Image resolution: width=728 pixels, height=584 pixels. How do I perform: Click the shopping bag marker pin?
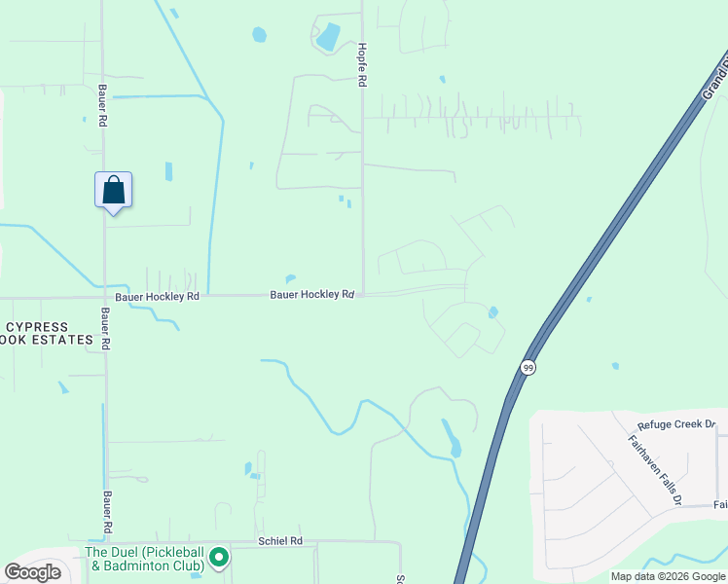click(x=113, y=190)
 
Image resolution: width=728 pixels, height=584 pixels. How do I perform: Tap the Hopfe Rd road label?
click(x=361, y=66)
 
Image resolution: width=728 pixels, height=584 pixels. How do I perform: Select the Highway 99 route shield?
click(x=528, y=367)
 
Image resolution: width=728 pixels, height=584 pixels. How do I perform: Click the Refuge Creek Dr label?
click(x=675, y=424)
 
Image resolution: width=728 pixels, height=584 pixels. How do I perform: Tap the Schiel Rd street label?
click(x=280, y=540)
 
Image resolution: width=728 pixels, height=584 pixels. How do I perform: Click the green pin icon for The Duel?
click(x=219, y=558)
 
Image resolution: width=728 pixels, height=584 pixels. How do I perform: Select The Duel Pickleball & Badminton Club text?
click(x=144, y=558)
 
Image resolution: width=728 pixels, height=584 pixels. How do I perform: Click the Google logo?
click(x=33, y=572)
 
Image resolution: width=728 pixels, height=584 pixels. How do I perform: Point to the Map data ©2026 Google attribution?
click(x=668, y=576)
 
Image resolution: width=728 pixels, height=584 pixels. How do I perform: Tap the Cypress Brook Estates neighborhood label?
click(x=49, y=334)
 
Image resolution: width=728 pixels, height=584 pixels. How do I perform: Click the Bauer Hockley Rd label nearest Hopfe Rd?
click(x=311, y=294)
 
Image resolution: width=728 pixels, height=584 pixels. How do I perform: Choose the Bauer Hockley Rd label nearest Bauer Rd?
click(x=157, y=295)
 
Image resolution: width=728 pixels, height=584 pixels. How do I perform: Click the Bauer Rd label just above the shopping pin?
click(x=101, y=105)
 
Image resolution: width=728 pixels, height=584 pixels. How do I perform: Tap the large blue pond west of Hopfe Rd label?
click(x=328, y=37)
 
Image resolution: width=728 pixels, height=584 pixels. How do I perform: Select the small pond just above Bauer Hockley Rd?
click(x=290, y=278)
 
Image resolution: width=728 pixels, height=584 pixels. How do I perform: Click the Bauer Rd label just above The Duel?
click(x=104, y=511)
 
